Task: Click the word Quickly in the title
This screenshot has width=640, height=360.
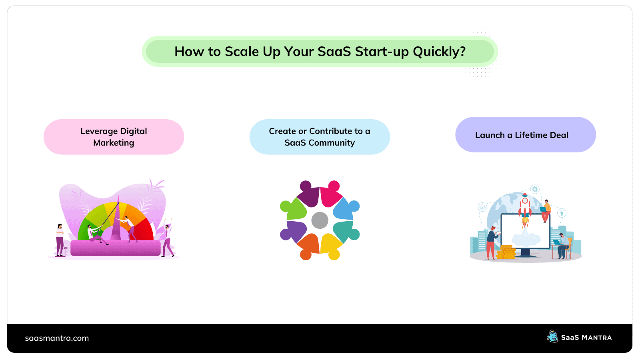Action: click(x=439, y=52)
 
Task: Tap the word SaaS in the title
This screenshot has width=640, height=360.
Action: click(x=334, y=52)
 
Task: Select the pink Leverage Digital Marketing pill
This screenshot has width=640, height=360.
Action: click(x=114, y=137)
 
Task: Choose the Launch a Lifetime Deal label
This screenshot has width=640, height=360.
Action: click(x=522, y=135)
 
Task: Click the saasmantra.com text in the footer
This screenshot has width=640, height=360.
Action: click(x=57, y=338)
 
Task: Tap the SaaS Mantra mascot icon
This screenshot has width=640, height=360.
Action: click(x=552, y=336)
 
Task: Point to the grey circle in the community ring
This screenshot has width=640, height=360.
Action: click(x=320, y=220)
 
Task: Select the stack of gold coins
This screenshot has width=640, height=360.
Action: click(x=506, y=252)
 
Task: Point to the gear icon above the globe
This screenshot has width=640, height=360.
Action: click(x=535, y=189)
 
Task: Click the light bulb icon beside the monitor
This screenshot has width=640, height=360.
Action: click(x=562, y=213)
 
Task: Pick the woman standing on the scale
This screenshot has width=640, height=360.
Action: click(x=60, y=240)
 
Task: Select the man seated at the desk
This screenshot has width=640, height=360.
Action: click(x=562, y=246)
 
